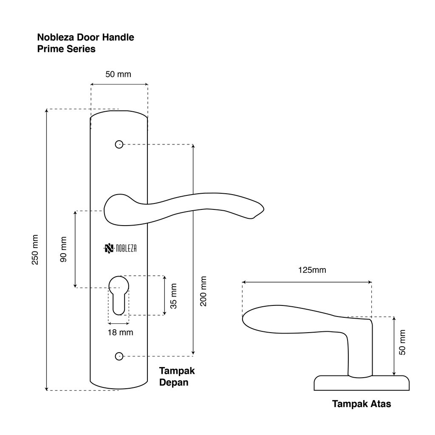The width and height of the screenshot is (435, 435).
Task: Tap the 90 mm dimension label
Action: (64, 249)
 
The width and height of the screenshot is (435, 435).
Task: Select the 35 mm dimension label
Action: (174, 296)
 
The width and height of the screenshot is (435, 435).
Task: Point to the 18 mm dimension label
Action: (120, 332)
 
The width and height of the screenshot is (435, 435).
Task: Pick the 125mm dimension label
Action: (312, 270)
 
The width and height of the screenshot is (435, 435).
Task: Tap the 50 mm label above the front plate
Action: (118, 74)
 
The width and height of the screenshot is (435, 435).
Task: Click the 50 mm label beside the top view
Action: (403, 342)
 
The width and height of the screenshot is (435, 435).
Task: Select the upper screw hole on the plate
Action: (119, 144)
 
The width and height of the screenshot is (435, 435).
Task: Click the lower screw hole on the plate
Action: (119, 356)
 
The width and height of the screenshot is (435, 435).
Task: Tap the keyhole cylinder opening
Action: (119, 293)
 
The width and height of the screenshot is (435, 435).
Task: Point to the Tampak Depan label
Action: (177, 376)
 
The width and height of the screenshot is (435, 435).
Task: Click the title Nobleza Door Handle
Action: (86, 37)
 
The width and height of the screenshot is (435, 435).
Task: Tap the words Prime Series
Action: (66, 49)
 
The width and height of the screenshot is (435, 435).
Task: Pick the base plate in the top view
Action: (362, 383)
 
